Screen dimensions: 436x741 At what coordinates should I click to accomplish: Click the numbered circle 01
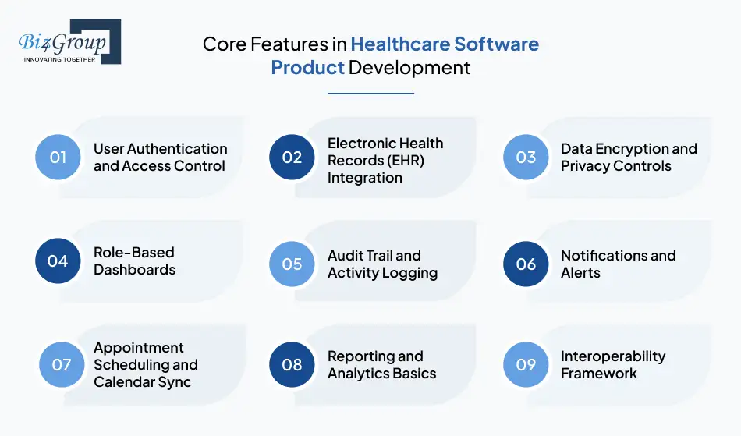pos(58,157)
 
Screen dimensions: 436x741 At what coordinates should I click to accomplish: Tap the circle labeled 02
pos(292,157)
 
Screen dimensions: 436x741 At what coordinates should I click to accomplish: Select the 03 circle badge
pos(526,157)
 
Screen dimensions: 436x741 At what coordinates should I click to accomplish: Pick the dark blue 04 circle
pos(58,261)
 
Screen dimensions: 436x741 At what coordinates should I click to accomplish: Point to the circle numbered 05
pos(292,264)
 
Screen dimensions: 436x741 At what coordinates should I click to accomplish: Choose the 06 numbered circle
pos(526,264)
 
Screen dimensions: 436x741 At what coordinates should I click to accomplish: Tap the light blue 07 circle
pos(62,364)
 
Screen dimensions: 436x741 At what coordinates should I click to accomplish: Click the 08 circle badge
pos(292,364)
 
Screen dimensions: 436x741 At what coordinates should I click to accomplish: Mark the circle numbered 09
pos(526,364)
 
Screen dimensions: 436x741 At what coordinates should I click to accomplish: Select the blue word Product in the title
pos(307,68)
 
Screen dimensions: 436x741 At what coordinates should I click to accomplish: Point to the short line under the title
pos(370,94)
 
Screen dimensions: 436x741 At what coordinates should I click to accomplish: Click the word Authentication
pos(177,148)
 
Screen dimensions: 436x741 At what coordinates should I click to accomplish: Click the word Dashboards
pos(134,270)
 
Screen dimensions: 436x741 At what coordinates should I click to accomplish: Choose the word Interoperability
pos(613,356)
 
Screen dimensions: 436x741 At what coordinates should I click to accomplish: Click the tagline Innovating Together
pos(59,58)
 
